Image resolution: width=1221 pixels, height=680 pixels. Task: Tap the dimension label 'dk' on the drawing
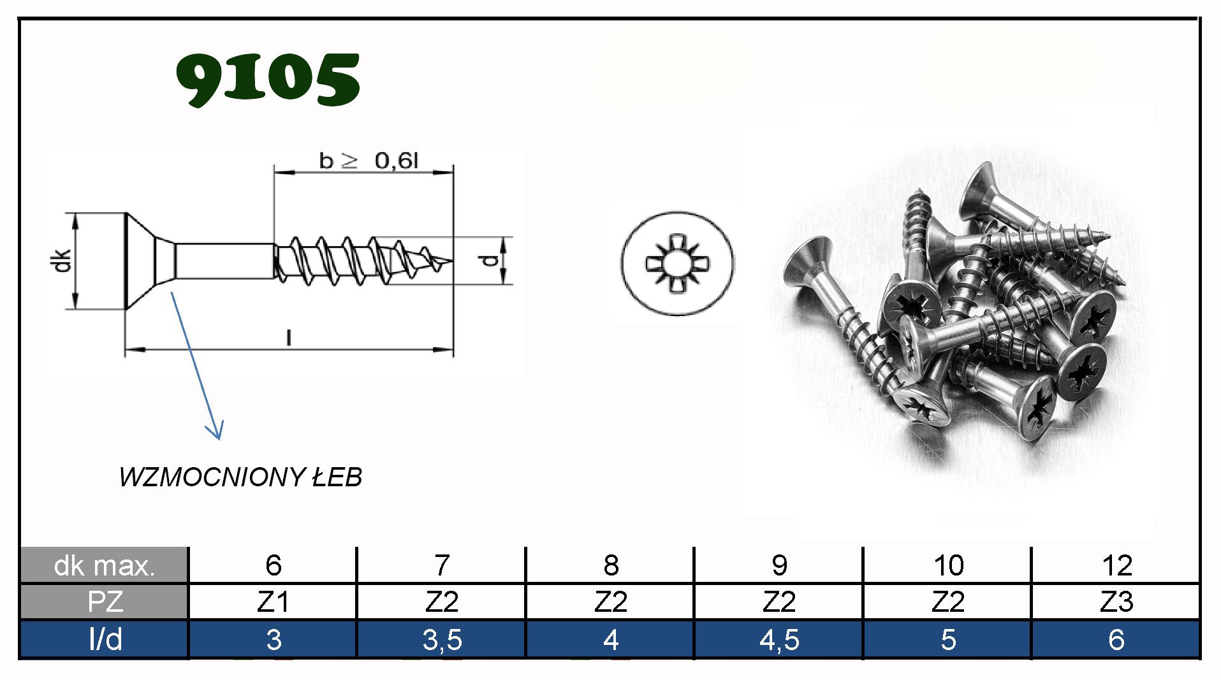62,261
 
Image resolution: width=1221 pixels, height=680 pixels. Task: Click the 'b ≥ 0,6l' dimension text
369,161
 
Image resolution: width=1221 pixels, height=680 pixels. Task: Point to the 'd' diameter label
490,260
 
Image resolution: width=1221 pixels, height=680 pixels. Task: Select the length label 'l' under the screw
289,337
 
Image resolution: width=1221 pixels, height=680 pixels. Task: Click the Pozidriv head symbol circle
677,263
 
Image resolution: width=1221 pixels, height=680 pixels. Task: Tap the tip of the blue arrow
219,439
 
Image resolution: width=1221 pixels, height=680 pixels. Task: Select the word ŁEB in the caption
337,477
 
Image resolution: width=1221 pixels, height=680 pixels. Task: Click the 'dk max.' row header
105,565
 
